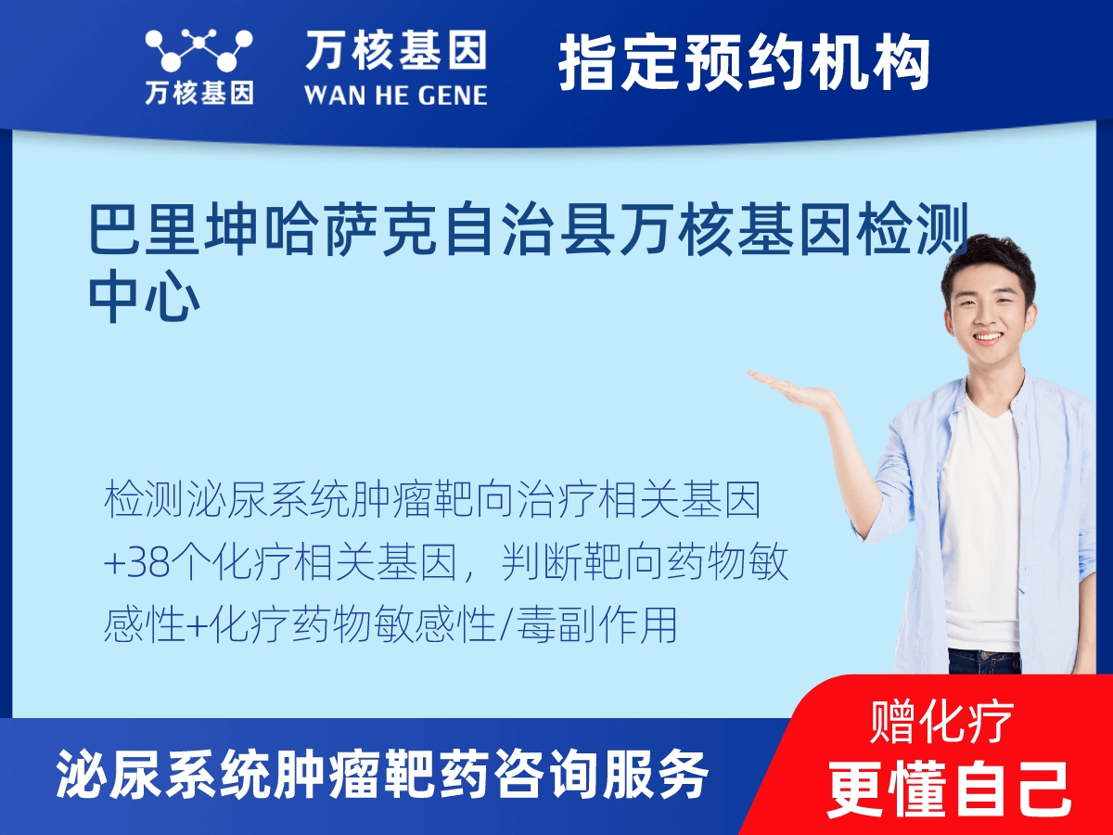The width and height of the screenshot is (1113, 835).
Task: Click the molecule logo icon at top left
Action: pos(198,50)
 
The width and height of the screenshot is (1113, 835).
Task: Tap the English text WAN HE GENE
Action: pos(395,96)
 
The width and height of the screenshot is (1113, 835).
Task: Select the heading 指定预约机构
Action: pos(744,62)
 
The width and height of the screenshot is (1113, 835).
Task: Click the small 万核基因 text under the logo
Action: pos(199,93)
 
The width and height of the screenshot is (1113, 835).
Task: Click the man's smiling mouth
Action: pos(986,337)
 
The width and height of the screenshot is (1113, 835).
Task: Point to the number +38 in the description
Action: pos(137,563)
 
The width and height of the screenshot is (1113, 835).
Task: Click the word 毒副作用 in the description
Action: pos(596,624)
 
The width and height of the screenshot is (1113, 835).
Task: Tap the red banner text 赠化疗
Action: pos(941,722)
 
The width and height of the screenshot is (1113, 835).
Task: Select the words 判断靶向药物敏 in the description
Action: pos(645,563)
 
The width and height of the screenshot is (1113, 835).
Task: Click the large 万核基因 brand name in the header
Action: pos(396,50)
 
